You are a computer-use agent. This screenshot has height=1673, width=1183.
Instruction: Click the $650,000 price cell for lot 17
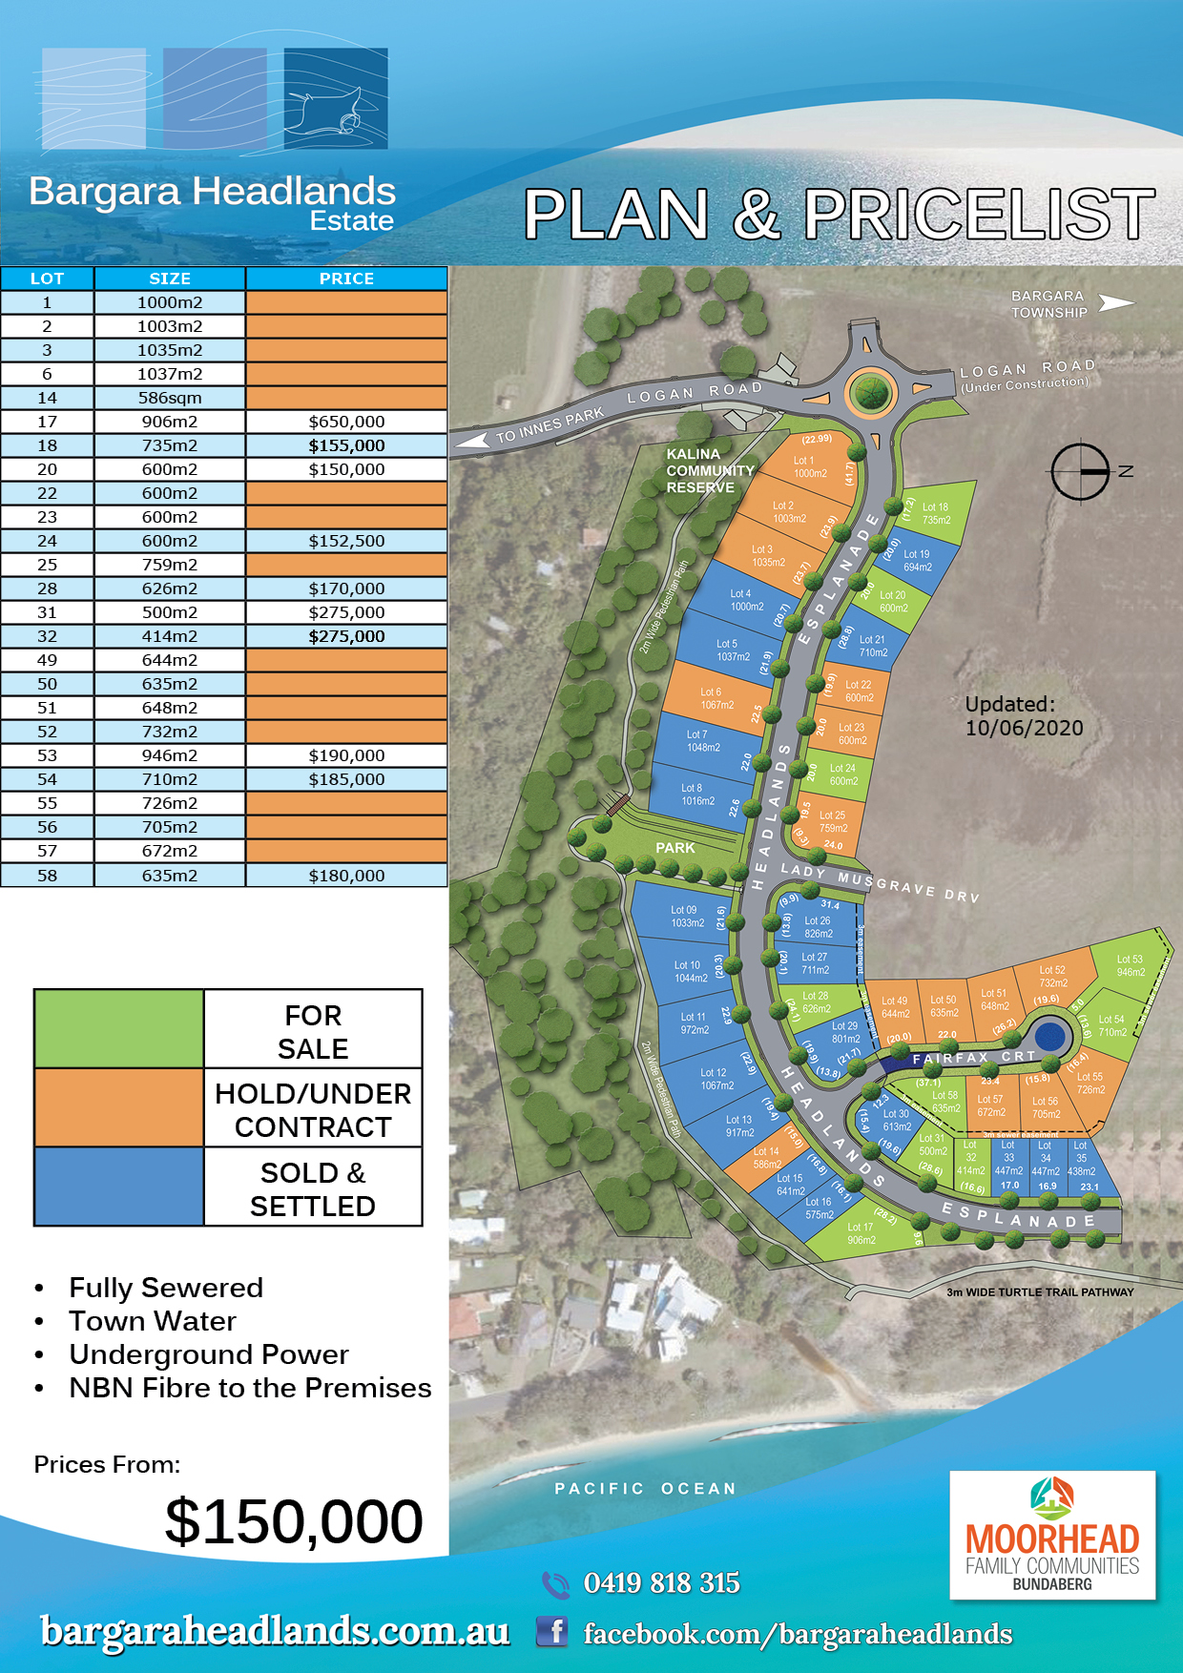coord(346,422)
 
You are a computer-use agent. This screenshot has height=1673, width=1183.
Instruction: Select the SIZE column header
coord(170,279)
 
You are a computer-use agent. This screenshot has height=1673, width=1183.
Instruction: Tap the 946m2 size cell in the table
coord(170,755)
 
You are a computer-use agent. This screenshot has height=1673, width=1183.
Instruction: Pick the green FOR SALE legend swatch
coord(119,1029)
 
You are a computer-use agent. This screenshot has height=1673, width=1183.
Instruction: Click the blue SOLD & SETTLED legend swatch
coord(119,1187)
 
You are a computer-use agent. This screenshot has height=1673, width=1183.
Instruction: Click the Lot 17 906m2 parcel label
coord(861,1233)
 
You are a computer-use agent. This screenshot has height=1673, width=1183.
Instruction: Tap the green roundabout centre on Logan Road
coord(870,391)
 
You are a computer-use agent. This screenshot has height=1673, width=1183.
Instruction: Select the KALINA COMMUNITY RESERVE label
coord(710,470)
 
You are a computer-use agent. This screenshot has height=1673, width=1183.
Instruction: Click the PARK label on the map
coord(675,848)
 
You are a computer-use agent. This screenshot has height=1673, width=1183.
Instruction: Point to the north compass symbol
coord(1082,471)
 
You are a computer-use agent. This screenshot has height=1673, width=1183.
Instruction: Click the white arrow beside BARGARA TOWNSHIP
coord(1116,303)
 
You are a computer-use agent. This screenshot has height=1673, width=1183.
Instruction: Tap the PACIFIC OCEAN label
coord(646,1489)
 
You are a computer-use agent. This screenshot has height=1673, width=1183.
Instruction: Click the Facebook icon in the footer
coord(552,1632)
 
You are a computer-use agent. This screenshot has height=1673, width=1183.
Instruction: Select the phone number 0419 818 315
coord(661,1583)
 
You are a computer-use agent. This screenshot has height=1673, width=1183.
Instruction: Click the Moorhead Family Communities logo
coord(1052,1535)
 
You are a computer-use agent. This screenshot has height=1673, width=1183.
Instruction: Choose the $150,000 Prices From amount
coord(294,1521)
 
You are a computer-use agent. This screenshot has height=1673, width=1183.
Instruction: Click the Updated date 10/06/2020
coord(1024,728)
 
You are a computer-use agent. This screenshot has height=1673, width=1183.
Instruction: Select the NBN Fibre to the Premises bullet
coord(250,1388)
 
